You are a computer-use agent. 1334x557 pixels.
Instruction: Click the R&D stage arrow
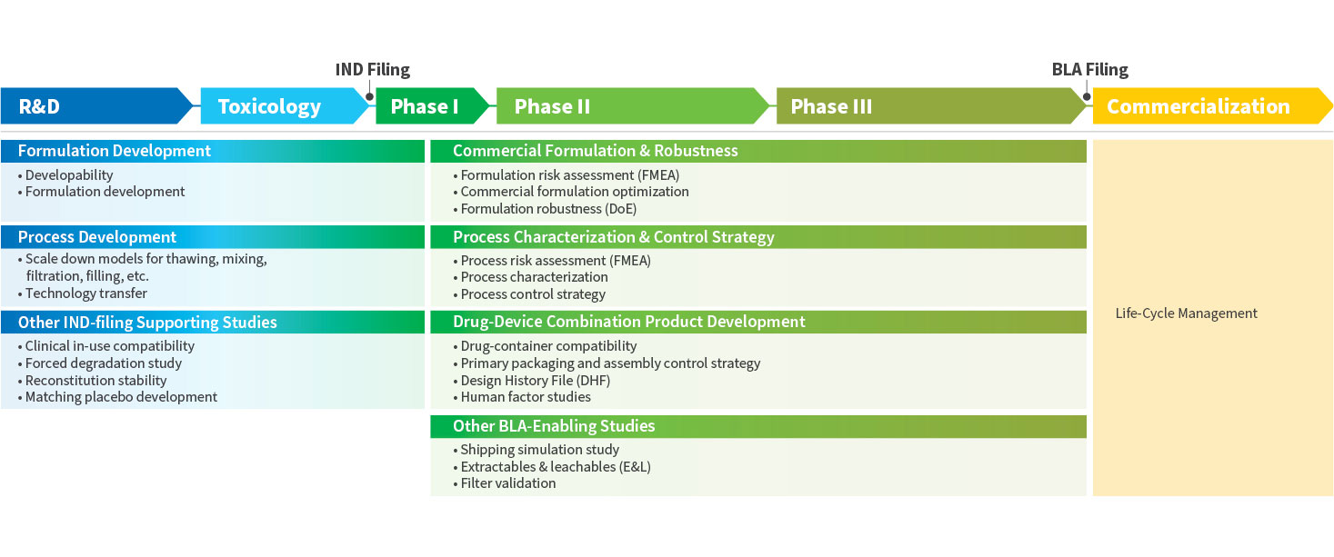95,106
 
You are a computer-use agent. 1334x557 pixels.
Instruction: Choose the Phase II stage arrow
627,106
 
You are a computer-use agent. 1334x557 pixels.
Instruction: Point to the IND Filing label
373,70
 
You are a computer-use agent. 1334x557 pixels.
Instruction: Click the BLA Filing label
1089,70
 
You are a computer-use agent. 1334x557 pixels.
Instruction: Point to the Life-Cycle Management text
1186,313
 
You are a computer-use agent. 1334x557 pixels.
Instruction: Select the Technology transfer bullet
86,293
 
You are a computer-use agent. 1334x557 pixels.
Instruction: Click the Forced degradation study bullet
104,363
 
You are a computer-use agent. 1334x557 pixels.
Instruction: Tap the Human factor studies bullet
526,397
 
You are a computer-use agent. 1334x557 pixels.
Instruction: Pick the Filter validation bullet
508,483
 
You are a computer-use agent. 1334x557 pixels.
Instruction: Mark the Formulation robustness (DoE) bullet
548,209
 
